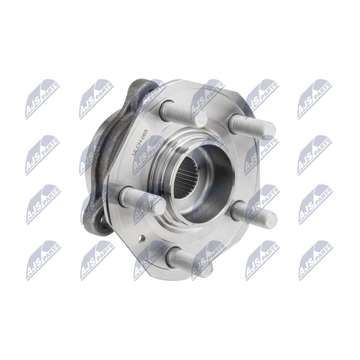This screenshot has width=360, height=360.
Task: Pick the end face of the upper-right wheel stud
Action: click(x=268, y=130)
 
